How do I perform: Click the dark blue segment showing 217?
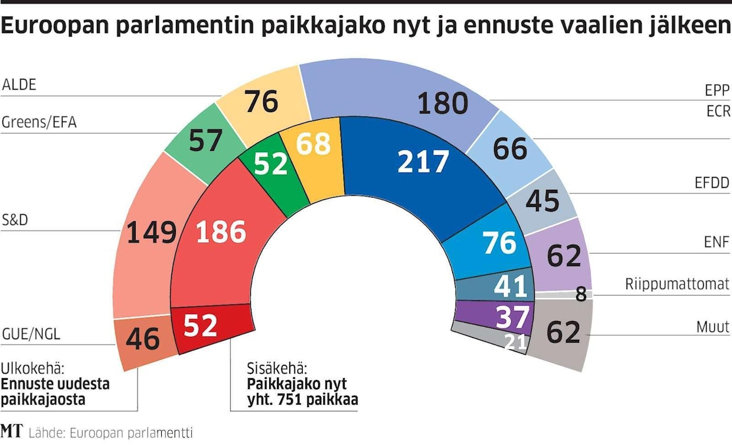[422, 162]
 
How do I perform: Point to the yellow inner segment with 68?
[313, 145]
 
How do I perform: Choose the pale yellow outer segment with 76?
[262, 101]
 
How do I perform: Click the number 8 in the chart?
[581, 294]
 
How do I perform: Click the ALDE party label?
[19, 84]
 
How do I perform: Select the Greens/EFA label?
[39, 123]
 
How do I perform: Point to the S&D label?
[16, 219]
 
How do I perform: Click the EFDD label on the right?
[712, 183]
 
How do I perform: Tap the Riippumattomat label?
[677, 284]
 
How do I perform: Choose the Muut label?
[713, 326]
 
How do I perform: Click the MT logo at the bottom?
[11, 431]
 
